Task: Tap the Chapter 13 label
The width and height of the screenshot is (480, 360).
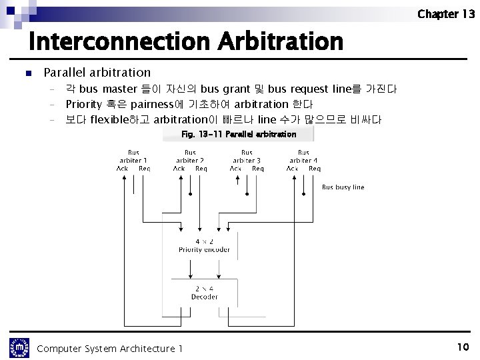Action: [446, 14]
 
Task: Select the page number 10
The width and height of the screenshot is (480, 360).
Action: [463, 347]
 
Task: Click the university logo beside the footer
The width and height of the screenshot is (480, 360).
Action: [19, 347]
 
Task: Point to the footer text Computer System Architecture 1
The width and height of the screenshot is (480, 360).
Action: [110, 349]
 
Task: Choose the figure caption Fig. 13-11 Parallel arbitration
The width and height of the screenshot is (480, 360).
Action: [239, 134]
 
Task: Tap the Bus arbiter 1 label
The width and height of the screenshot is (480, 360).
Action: [133, 157]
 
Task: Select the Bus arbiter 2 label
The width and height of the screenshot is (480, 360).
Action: [190, 157]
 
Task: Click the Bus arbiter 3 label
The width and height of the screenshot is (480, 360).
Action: [247, 157]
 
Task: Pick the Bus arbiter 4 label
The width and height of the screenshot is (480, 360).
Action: [303, 157]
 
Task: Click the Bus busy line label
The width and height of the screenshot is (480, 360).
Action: [343, 187]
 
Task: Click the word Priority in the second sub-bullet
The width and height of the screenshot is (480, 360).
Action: [83, 105]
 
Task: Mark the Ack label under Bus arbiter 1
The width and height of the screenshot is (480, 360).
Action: [122, 169]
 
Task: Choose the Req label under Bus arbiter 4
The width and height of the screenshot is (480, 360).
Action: [315, 169]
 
